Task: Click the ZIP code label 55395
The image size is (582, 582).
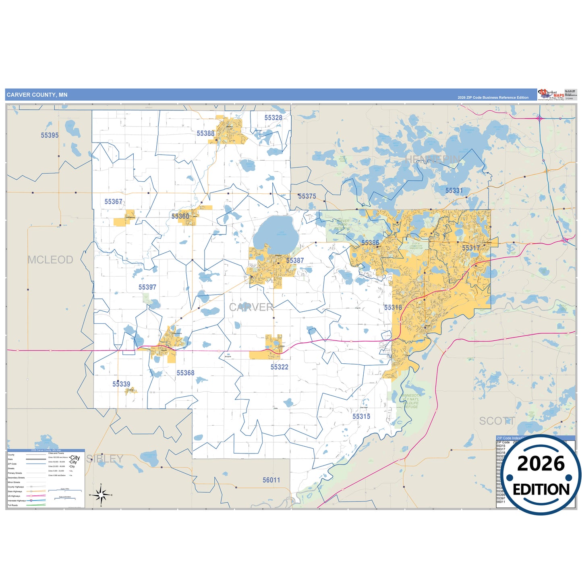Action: [50, 135]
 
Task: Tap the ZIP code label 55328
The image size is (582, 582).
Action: [273, 118]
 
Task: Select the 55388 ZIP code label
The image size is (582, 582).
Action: [205, 133]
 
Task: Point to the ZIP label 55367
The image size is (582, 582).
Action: [113, 201]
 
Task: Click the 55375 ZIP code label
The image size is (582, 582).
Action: [307, 196]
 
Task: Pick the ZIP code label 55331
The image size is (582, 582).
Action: [454, 191]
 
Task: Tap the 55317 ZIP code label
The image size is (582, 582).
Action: [470, 248]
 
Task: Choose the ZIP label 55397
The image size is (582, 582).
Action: [147, 287]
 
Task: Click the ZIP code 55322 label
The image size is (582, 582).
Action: [279, 367]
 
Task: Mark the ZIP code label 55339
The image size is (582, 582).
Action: [121, 384]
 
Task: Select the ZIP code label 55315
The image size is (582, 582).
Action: [361, 416]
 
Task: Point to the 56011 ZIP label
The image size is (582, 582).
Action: [271, 480]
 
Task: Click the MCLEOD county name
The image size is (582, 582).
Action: [50, 260]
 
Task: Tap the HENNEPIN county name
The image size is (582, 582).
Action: [432, 159]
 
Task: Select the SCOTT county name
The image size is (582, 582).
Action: [497, 421]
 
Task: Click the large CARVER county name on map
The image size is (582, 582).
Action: [251, 307]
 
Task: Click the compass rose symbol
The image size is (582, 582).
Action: [101, 494]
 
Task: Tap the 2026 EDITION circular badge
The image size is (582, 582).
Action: [541, 475]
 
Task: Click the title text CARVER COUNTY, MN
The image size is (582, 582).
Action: [37, 95]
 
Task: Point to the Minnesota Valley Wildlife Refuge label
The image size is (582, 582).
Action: [411, 401]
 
